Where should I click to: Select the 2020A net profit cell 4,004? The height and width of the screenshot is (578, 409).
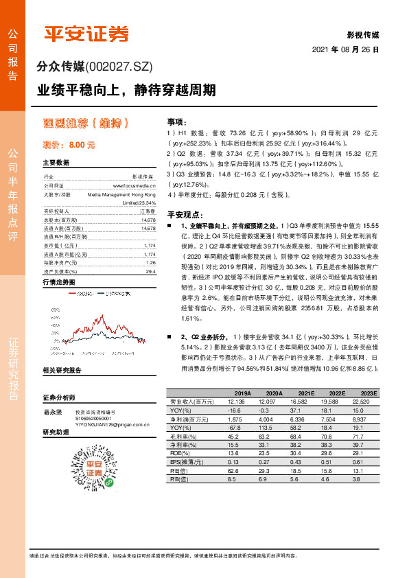266,419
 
